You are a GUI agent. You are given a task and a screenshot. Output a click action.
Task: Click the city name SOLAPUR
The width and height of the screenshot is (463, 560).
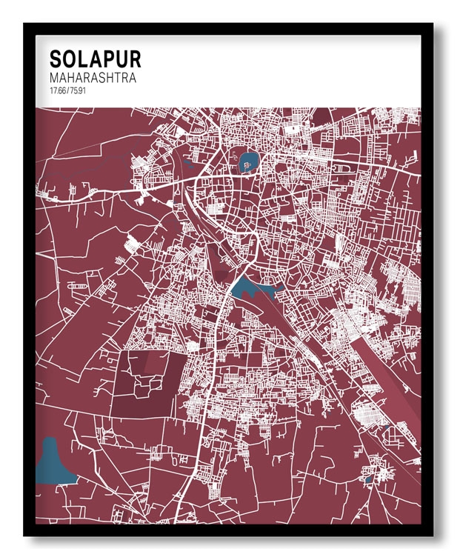(94, 59)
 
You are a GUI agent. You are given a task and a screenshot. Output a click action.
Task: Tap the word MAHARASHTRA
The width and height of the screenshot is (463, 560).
(93, 78)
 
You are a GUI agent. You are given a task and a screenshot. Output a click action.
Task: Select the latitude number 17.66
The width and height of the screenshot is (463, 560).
(58, 90)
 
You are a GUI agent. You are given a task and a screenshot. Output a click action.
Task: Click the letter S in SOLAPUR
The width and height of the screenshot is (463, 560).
(56, 59)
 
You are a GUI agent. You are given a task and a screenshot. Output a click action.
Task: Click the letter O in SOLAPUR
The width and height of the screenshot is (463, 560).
(69, 59)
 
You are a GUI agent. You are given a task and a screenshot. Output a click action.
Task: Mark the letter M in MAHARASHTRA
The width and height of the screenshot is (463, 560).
(54, 78)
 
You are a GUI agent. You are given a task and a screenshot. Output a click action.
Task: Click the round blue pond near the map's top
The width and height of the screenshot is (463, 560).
(245, 160)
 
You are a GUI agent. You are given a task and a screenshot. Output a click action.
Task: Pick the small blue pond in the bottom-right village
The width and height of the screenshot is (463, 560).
(368, 479)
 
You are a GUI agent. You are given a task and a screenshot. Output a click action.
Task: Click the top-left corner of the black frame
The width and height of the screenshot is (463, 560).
(25, 24)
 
